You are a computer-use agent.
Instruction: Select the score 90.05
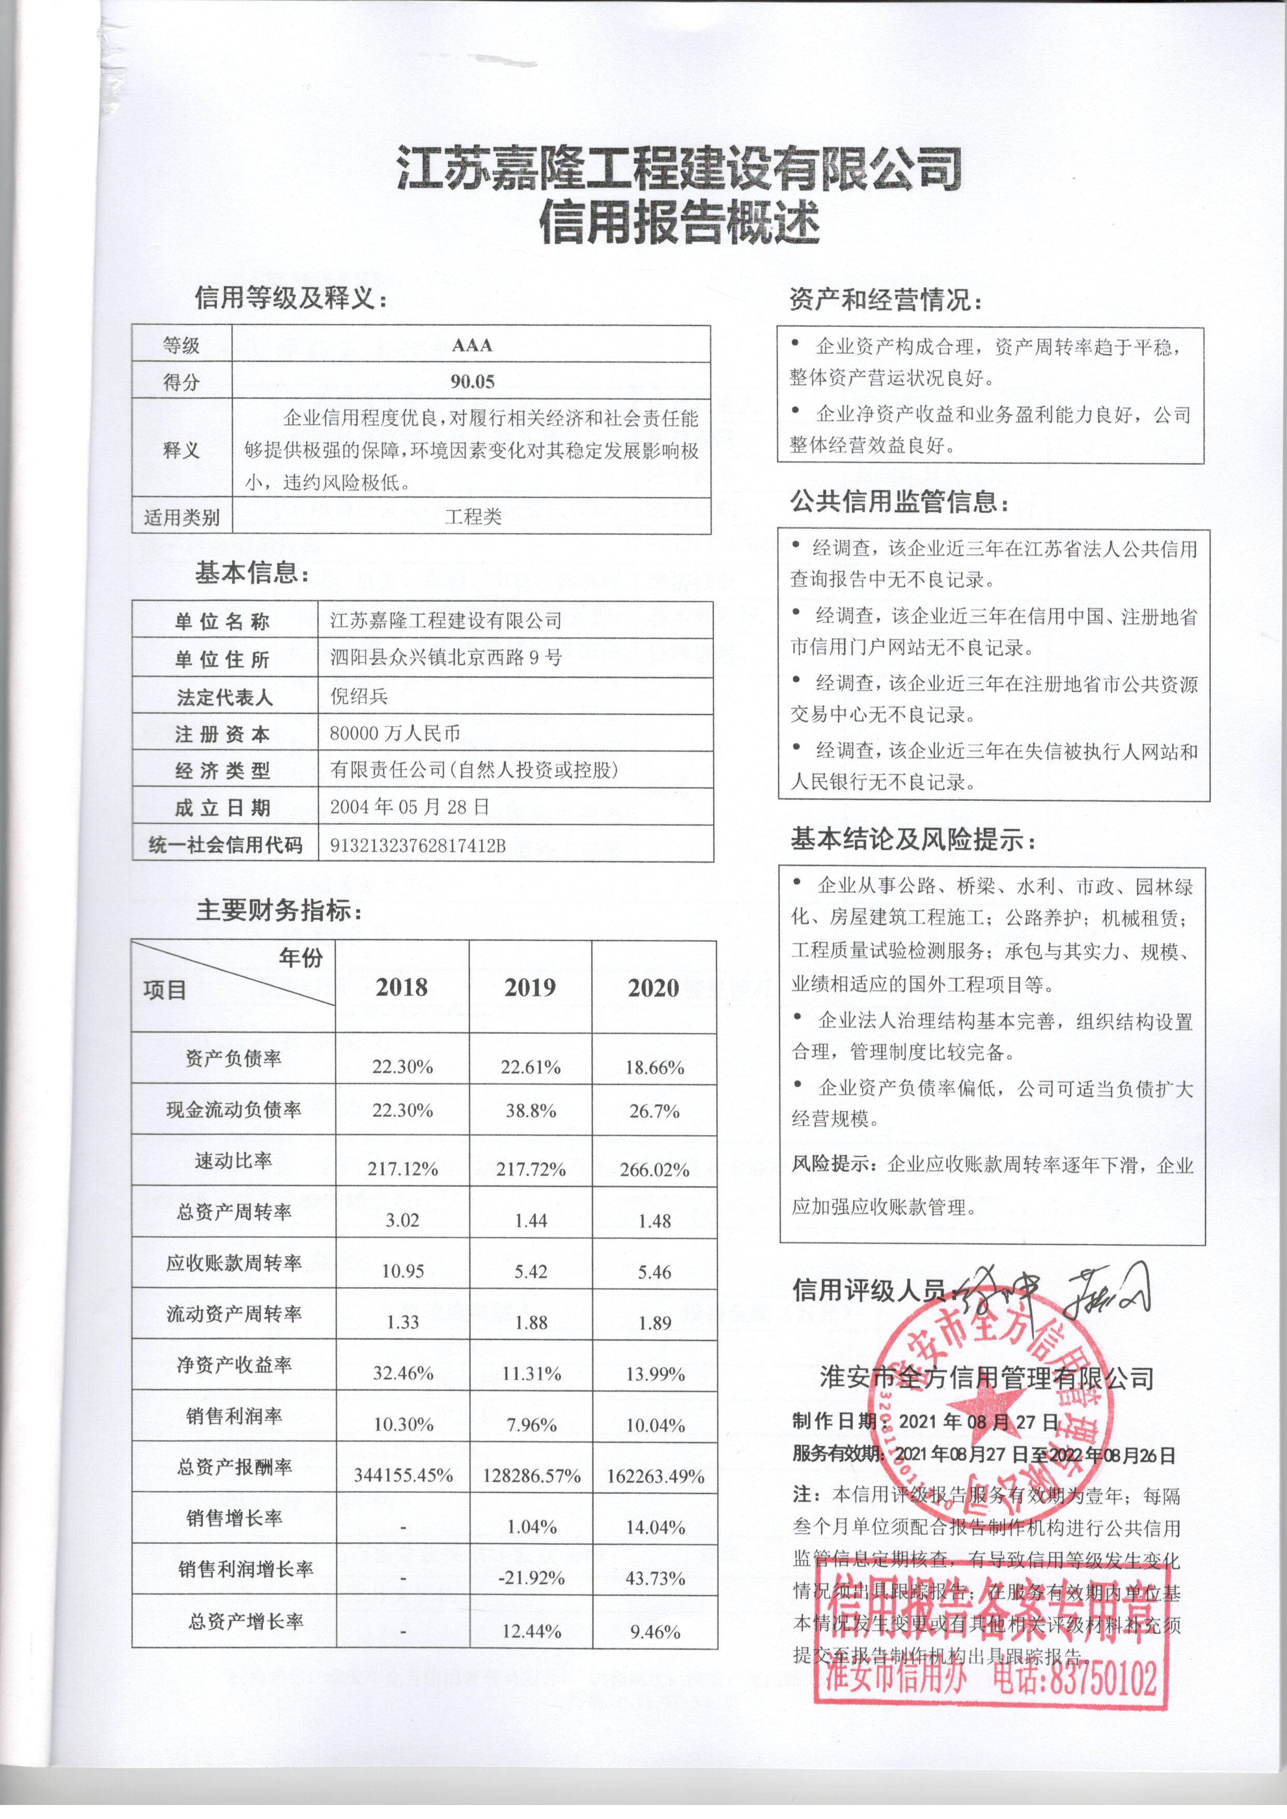tap(473, 382)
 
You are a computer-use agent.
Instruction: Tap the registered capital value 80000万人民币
tap(395, 733)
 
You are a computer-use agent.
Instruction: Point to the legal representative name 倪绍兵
tap(359, 697)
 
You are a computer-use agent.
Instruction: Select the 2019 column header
tap(530, 987)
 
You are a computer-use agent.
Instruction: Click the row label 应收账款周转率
tap(234, 1263)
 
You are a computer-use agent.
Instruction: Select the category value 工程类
tap(473, 517)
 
